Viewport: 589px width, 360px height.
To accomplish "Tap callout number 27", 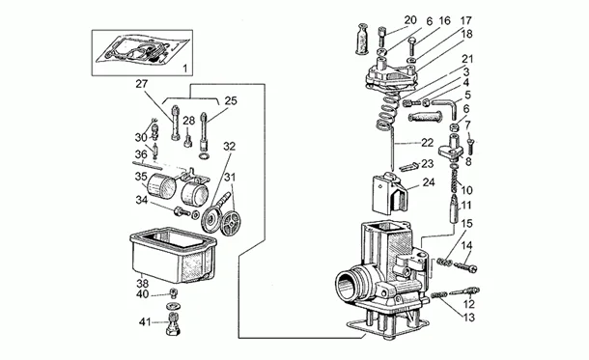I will pyautogui.click(x=141, y=84).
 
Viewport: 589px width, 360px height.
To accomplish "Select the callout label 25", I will pyautogui.click(x=230, y=100).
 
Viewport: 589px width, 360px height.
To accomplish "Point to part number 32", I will pyautogui.click(x=229, y=146).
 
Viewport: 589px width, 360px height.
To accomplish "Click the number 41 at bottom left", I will pyautogui.click(x=143, y=321).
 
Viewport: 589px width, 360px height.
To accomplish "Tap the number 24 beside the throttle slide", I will pyautogui.click(x=429, y=181).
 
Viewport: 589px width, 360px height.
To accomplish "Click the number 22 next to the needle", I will pyautogui.click(x=428, y=143).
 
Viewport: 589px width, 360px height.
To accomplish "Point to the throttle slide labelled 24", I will pyautogui.click(x=388, y=196).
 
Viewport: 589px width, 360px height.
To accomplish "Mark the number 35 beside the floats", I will pyautogui.click(x=141, y=178).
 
